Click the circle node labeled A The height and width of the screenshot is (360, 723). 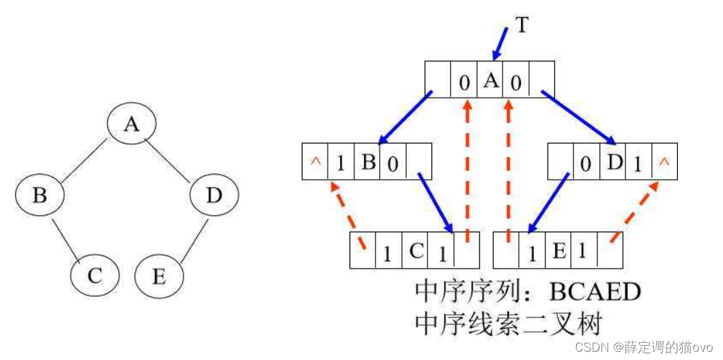(x=132, y=124)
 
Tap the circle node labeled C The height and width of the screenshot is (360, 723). (x=95, y=276)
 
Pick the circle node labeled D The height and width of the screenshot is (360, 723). (x=214, y=196)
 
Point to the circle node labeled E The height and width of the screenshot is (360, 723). (x=159, y=277)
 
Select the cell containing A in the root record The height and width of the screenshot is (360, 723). (x=490, y=81)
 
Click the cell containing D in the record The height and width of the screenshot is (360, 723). (x=612, y=161)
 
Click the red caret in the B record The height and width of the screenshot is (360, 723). (x=315, y=162)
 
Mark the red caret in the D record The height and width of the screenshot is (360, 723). (x=664, y=162)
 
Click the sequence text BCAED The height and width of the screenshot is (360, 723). (x=595, y=292)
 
